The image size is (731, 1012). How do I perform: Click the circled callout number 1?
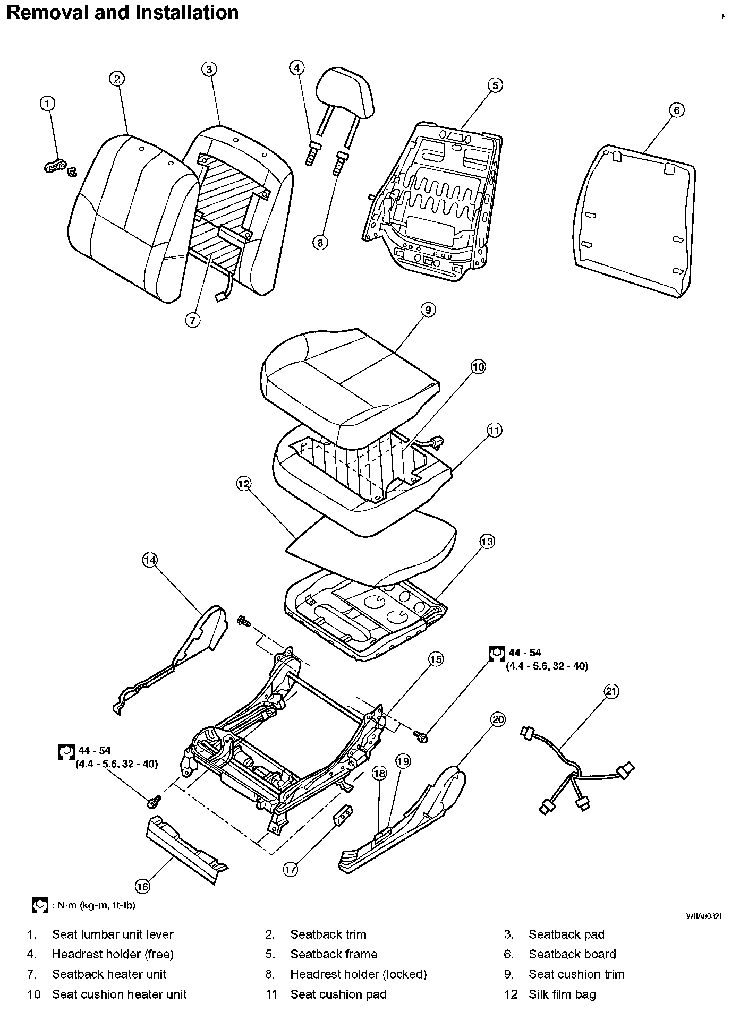(x=48, y=103)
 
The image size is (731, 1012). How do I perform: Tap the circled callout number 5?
(x=495, y=85)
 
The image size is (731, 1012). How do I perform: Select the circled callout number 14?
(x=150, y=560)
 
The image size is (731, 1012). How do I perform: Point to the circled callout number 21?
(x=611, y=691)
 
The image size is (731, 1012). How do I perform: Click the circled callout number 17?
(x=290, y=869)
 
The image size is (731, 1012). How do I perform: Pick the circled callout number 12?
(x=244, y=484)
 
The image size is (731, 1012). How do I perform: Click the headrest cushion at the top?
(x=345, y=92)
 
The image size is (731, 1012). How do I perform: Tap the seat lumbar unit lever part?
(x=58, y=167)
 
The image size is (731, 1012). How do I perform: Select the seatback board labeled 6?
(x=635, y=222)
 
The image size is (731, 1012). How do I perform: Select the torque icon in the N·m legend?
(x=40, y=906)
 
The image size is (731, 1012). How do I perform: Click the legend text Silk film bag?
(x=562, y=994)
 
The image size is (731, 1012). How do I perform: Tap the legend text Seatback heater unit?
(x=109, y=974)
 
